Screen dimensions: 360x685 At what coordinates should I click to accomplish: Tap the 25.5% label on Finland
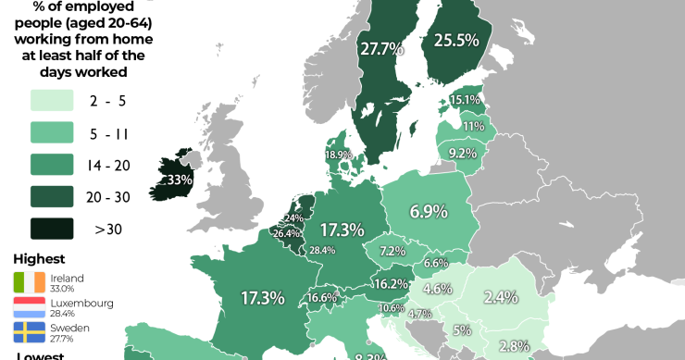point(456,41)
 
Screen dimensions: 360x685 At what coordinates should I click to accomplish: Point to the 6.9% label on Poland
point(429,212)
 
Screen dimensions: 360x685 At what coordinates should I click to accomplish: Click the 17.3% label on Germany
point(342,229)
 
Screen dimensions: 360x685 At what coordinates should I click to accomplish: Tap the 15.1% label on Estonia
point(465,100)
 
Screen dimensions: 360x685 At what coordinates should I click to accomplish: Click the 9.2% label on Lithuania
point(463,153)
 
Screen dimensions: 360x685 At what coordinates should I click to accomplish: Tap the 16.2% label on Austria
point(390,283)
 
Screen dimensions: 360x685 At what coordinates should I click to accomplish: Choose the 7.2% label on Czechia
point(392,251)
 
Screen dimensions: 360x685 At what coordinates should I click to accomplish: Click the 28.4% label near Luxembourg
point(322,250)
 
